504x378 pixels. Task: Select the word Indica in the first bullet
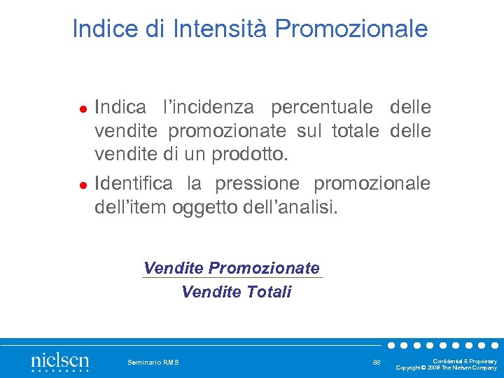[x=120, y=108]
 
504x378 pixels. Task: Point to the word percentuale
[x=323, y=108]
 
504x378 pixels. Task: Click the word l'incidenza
[x=209, y=108]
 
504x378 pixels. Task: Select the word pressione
[x=258, y=183]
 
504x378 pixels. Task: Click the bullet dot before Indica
[x=82, y=109]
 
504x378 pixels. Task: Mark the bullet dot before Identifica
[x=82, y=185]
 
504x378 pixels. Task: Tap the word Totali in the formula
[x=269, y=292]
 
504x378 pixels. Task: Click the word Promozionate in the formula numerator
[x=264, y=268]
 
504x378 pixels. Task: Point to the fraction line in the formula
[x=232, y=279]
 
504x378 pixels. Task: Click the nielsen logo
[x=60, y=362]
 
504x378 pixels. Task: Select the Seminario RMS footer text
[x=153, y=362]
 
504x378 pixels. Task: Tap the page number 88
[x=377, y=362]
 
